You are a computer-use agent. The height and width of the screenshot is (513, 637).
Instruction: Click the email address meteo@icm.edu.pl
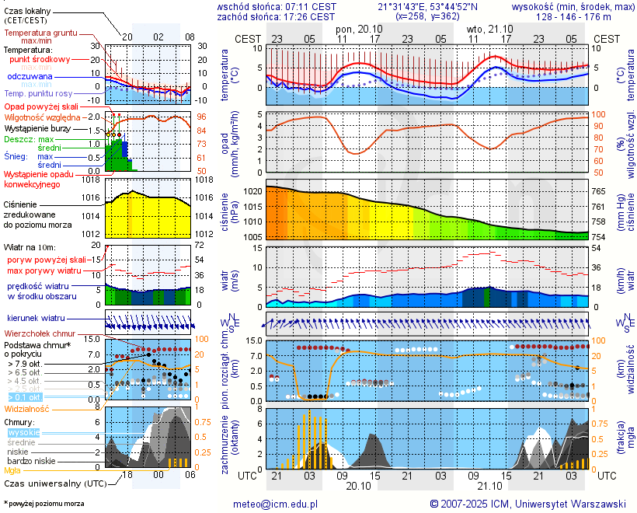click(x=276, y=504)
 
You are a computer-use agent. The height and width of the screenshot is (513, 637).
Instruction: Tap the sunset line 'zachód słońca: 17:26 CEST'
click(x=276, y=16)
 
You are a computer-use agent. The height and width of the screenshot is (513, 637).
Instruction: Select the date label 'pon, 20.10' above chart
click(x=356, y=28)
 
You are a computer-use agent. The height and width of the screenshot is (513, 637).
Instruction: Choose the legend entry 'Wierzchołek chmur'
click(x=39, y=333)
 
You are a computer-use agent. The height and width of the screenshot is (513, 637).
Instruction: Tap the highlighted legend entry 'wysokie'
click(x=23, y=432)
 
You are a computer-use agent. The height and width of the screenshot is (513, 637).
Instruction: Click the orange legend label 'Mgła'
click(x=12, y=470)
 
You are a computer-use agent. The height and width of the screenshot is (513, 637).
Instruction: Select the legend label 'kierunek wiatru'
click(x=36, y=319)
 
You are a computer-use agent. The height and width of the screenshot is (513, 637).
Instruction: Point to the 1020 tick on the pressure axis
click(x=252, y=190)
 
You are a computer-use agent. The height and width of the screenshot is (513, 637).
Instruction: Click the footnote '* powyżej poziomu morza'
click(x=44, y=504)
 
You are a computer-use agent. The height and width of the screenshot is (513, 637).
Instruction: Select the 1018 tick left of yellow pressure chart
click(x=93, y=180)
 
